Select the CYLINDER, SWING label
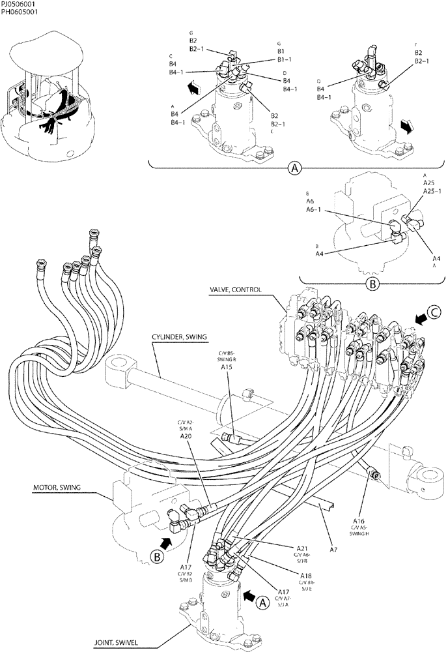[x=180, y=336]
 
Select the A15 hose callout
[x=227, y=368]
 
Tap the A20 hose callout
[x=185, y=436]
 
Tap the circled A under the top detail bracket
[x=295, y=168]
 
